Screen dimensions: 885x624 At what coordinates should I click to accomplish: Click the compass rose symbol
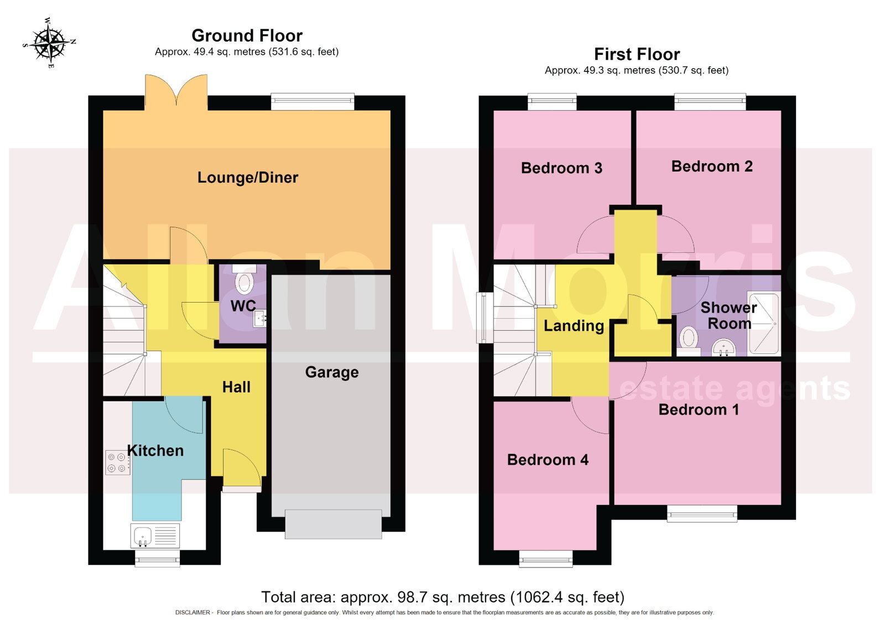pos(49,43)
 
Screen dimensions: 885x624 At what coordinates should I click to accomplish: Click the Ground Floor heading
pos(247,35)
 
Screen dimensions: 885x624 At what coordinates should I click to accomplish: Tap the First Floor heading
pos(637,54)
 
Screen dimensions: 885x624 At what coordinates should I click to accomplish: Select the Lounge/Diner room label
pos(248,178)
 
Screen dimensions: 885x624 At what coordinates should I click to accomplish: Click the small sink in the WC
pos(259,319)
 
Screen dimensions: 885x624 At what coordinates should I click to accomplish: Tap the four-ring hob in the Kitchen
pos(117,462)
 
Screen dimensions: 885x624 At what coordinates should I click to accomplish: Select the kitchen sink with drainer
pos(155,536)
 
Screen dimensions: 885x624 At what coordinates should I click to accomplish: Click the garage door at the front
pos(333,524)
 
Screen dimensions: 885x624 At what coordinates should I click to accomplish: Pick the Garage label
pos(332,372)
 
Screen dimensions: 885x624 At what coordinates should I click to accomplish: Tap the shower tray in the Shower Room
pos(764,323)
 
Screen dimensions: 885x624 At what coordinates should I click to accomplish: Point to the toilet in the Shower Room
pos(689,341)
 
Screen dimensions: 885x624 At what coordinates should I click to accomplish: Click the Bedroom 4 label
pos(548,460)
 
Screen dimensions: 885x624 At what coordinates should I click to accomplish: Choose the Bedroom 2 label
pos(712,167)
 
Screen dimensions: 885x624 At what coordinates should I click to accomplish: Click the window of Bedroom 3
pos(552,102)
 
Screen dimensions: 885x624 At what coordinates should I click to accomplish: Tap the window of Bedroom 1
pos(702,514)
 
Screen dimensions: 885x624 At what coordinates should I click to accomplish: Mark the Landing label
pos(574,326)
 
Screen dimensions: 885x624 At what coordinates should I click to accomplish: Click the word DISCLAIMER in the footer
pos(193,612)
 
